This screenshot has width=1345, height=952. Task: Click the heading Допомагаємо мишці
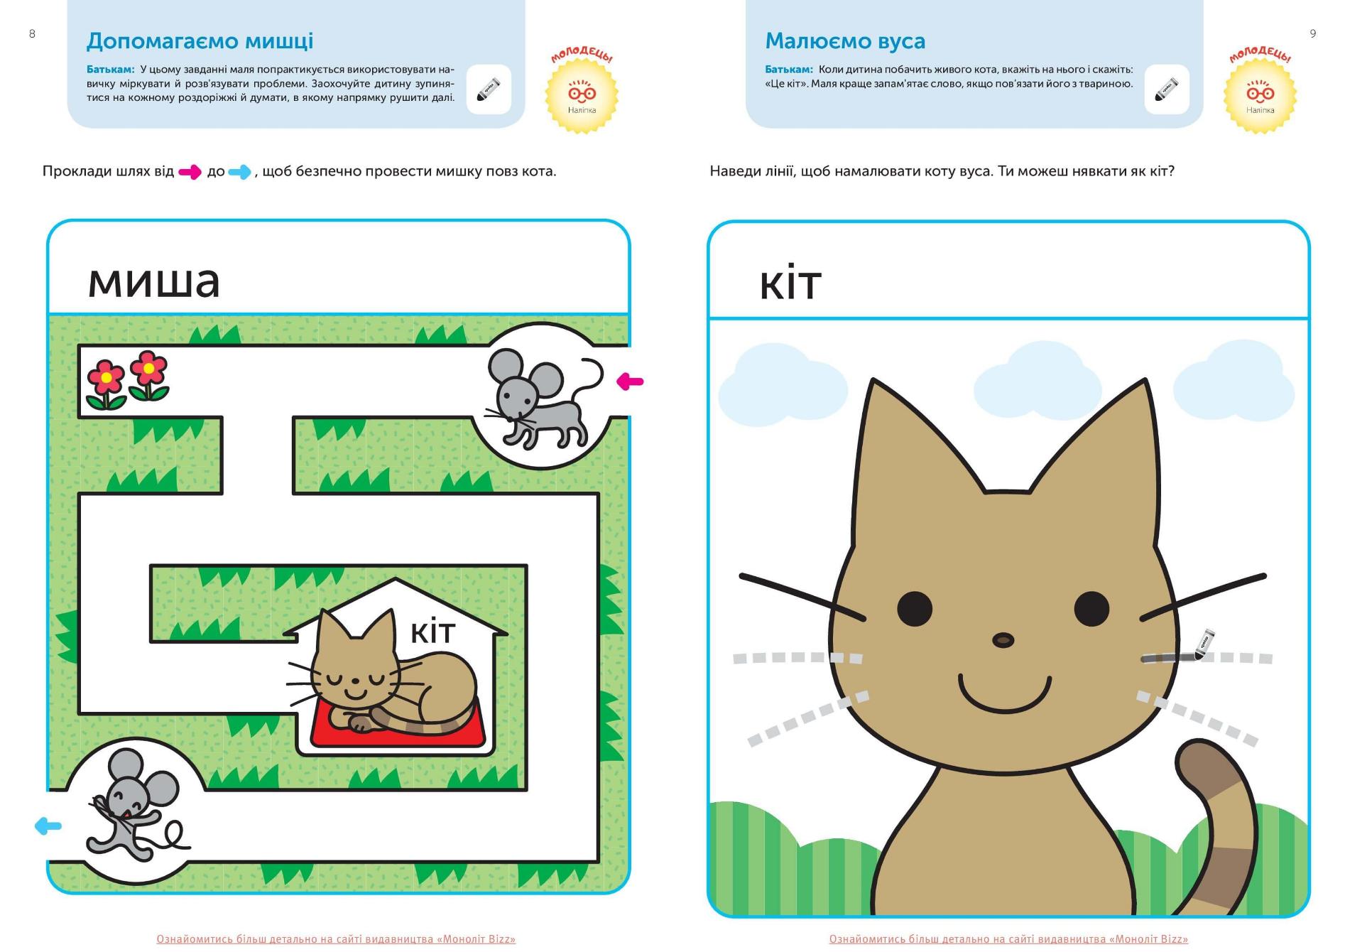tap(200, 41)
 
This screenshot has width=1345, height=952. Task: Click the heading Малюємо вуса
tap(845, 41)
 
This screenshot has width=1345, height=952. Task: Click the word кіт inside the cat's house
tap(432, 631)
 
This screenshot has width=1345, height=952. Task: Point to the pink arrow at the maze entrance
tap(630, 382)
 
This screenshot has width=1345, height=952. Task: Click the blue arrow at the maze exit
tap(48, 826)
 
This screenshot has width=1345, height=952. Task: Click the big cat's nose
tap(1003, 640)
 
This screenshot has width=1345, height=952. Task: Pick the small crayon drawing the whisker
tap(1204, 644)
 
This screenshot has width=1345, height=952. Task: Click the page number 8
tap(32, 33)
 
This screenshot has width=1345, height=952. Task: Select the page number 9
tap(1313, 33)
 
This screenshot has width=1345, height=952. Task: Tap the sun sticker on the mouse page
tap(582, 93)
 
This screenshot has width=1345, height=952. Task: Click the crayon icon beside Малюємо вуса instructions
tap(1167, 90)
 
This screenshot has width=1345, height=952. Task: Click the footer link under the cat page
tap(1008, 939)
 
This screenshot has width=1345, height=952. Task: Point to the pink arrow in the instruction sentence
tap(190, 172)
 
